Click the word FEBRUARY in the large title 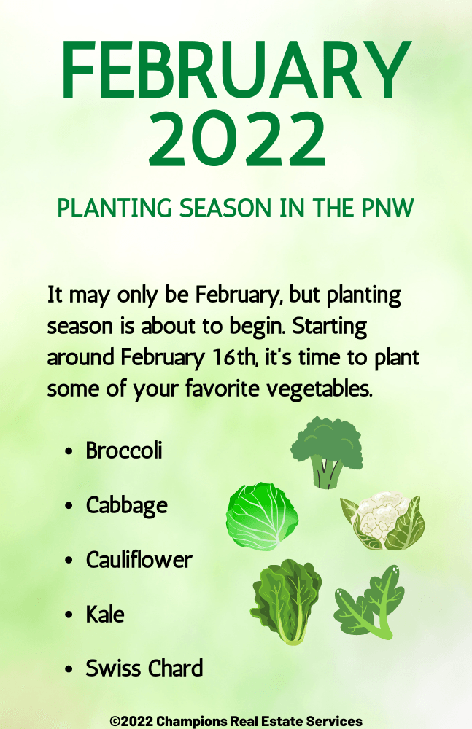tap(236, 70)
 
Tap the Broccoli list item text tap(124, 450)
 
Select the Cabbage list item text tap(127, 506)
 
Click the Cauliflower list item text tap(139, 559)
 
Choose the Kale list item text tap(105, 614)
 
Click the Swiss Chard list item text tap(144, 668)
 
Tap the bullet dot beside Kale tap(69, 615)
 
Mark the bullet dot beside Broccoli tap(69, 451)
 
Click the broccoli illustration tap(328, 452)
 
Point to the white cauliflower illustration tap(382, 522)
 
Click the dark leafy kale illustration tap(286, 601)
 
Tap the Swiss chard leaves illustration tap(369, 603)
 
